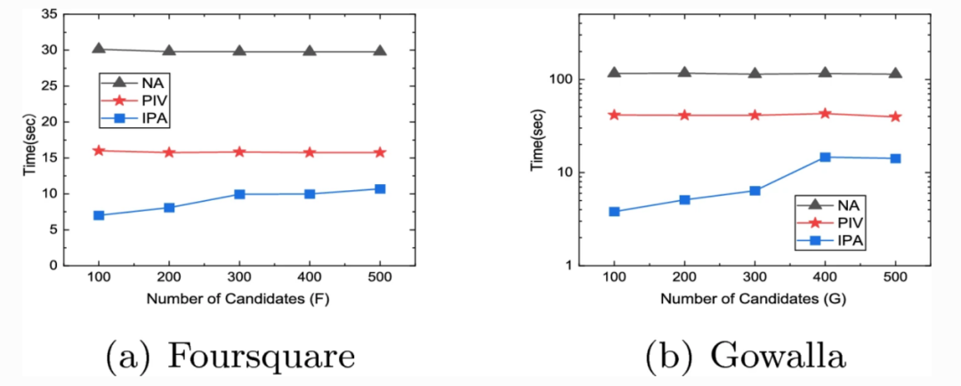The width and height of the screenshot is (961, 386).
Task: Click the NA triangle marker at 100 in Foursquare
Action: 99,49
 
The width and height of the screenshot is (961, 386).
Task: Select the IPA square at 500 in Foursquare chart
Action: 380,189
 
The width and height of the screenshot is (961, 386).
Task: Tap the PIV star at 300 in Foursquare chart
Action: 239,152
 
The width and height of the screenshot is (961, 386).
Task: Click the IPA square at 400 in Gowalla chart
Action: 825,157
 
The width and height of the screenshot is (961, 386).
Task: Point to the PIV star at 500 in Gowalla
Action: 895,117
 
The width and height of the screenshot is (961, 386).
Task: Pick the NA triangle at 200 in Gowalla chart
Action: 684,72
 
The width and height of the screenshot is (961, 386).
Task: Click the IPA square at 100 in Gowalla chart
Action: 614,212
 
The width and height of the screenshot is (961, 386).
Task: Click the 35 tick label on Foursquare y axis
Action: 49,13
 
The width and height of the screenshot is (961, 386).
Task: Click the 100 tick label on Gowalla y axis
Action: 560,79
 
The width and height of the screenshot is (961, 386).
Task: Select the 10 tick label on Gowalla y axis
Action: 563,172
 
